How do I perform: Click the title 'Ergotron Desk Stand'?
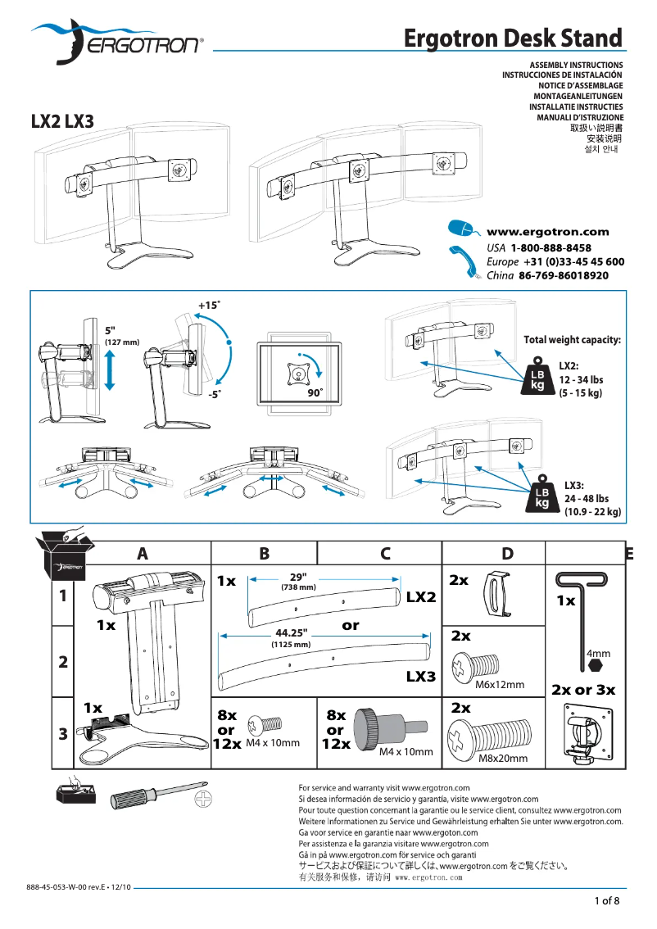[513, 38]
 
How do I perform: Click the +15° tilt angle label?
[209, 305]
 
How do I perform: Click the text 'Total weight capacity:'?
[572, 339]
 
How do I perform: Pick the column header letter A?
[143, 553]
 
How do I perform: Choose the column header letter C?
[385, 553]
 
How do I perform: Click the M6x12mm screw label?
[499, 684]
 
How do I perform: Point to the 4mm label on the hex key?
[598, 654]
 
